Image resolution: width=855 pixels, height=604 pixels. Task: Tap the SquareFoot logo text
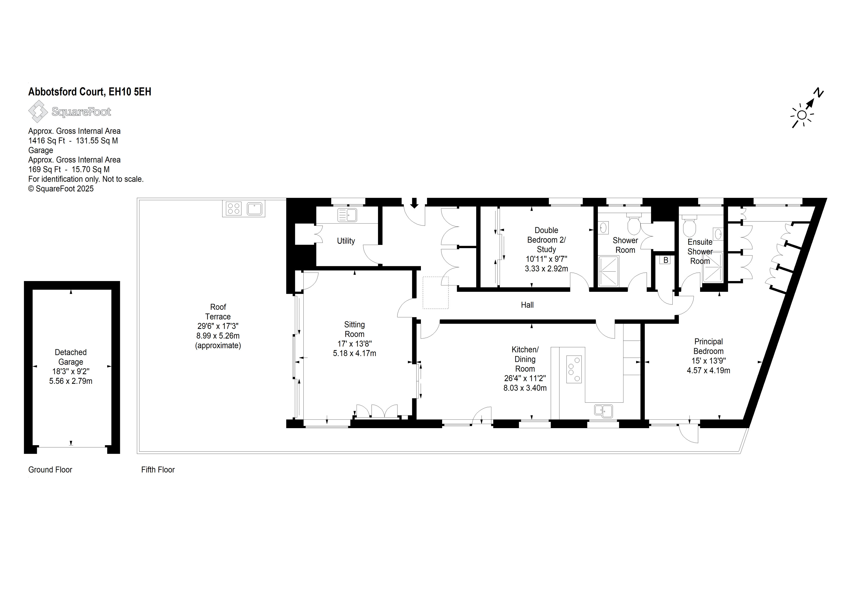click(x=81, y=112)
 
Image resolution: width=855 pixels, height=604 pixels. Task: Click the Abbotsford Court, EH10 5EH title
click(x=90, y=92)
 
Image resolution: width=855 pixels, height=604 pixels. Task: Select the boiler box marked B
click(x=665, y=260)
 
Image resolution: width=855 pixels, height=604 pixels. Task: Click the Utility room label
click(x=346, y=241)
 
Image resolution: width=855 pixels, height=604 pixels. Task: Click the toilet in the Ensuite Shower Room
click(x=689, y=226)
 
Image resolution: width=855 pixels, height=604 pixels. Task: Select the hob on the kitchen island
click(x=574, y=369)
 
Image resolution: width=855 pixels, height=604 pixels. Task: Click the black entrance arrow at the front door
click(x=414, y=203)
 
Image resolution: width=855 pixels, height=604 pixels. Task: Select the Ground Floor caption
click(x=50, y=470)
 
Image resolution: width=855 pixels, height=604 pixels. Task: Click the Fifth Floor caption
click(x=158, y=470)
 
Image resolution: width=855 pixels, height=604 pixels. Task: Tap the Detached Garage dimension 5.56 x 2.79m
click(x=71, y=381)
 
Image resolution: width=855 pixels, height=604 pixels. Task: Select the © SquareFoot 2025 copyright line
click(x=61, y=189)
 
